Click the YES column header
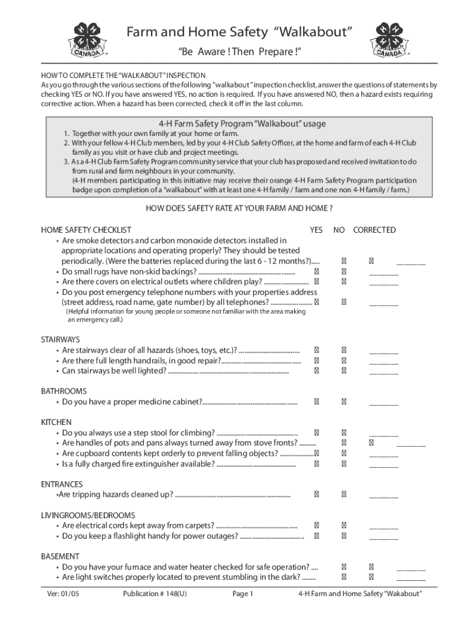[x=316, y=230]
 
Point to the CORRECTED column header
[x=374, y=230]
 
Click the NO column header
[x=339, y=230]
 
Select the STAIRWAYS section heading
[x=60, y=340]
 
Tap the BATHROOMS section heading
[x=63, y=391]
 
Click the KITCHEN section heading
[x=56, y=422]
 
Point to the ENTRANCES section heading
[x=62, y=484]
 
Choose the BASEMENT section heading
[x=60, y=556]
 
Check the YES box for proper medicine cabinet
[x=316, y=401]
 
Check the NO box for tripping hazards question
[x=344, y=494]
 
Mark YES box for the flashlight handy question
[x=316, y=536]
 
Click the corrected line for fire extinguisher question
[x=383, y=464]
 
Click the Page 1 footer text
[x=243, y=594]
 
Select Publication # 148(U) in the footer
[x=155, y=594]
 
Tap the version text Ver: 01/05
[x=65, y=594]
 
